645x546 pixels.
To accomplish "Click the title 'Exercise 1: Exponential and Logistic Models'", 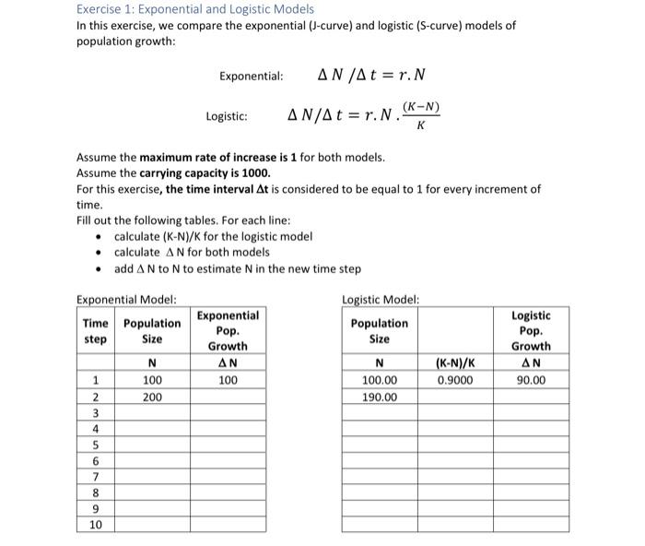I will tap(194, 8).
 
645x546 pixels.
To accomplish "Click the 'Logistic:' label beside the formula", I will tap(226, 116).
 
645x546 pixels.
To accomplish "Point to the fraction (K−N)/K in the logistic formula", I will tap(420, 115).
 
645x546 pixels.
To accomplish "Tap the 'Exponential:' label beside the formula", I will tap(251, 76).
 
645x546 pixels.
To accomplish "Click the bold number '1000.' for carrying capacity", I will tap(253, 172).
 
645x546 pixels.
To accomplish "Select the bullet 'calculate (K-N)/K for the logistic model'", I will tap(213, 237).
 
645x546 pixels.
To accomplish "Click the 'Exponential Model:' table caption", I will tap(126, 299).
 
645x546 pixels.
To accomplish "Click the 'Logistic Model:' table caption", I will tap(381, 299).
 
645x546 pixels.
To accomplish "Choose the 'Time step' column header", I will tap(95, 330).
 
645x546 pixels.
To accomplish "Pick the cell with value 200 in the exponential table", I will tap(152, 397).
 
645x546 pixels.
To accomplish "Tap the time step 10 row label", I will tap(95, 525).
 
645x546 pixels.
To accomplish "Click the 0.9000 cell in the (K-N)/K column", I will tap(456, 380).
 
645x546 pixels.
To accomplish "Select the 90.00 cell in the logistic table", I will tap(531, 380).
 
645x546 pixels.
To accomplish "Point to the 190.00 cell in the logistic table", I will tap(380, 397).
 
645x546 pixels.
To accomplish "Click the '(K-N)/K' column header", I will tap(456, 363).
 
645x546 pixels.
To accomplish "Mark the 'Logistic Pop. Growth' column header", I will tap(531, 330).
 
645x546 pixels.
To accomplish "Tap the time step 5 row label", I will tap(95, 445).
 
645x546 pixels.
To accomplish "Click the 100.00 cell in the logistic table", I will tap(380, 380).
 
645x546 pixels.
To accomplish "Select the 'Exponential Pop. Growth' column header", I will tap(228, 330).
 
